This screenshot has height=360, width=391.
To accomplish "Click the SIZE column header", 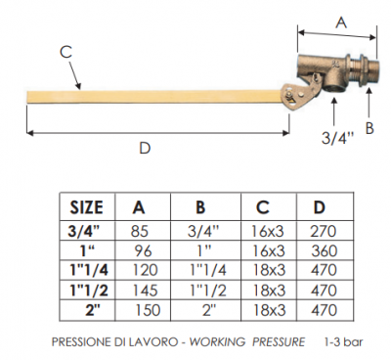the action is pyautogui.click(x=87, y=207).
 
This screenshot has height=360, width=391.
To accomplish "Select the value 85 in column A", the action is pyautogui.click(x=140, y=231).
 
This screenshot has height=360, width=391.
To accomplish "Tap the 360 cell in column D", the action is pyautogui.click(x=324, y=250).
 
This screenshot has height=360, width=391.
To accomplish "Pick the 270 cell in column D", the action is pyautogui.click(x=323, y=231).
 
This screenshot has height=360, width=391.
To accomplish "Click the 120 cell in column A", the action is pyautogui.click(x=146, y=270).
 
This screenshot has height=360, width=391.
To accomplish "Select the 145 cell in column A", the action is pyautogui.click(x=146, y=290).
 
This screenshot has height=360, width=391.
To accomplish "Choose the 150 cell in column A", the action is pyautogui.click(x=148, y=309).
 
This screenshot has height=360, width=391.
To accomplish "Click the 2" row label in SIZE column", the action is pyautogui.click(x=92, y=309).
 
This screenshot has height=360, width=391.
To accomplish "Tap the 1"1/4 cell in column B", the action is pyautogui.click(x=208, y=270).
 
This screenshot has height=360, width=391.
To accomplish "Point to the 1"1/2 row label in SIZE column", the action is pyautogui.click(x=89, y=290).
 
